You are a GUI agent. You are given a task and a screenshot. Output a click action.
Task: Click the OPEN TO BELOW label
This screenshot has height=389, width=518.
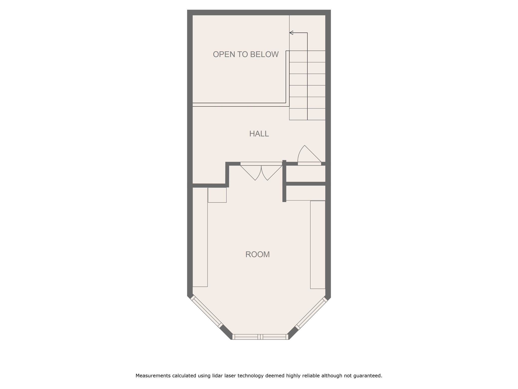246,54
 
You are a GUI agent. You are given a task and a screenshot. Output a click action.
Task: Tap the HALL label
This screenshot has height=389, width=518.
259,134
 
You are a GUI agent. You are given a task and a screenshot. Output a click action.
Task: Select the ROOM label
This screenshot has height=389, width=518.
257,255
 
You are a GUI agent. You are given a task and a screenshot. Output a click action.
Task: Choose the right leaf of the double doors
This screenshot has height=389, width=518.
272,172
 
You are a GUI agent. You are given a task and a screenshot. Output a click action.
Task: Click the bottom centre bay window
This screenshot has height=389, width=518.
260,337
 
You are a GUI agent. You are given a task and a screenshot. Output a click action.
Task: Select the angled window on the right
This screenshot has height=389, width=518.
311,313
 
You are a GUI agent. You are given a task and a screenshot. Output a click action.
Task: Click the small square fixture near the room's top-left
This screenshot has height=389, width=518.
217,195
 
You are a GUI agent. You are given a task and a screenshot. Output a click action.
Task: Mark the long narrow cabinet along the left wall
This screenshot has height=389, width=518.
200,237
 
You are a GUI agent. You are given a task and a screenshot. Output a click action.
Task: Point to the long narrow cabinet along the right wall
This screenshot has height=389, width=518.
318,245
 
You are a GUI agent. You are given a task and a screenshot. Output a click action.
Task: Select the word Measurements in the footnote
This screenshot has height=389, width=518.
153,376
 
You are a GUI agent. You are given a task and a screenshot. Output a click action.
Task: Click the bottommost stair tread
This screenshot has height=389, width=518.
307,114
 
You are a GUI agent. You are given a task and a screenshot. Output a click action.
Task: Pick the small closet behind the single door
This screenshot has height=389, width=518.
306,173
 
